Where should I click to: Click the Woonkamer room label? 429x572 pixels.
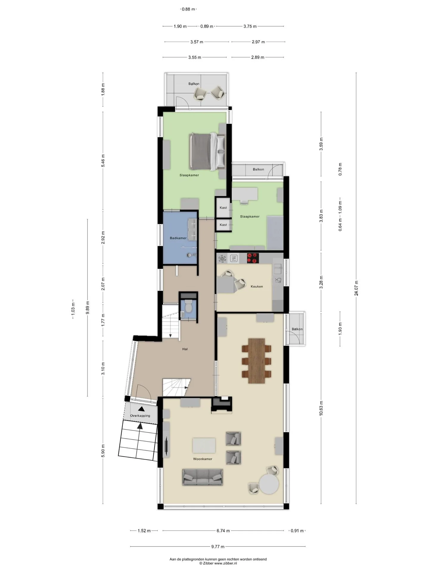203,459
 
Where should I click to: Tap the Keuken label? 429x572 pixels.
257,286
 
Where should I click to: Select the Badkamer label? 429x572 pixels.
178,238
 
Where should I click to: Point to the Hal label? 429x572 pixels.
185,349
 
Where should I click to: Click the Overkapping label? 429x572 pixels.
140,416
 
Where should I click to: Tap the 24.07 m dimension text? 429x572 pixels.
356,288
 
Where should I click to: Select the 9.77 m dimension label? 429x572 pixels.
218,546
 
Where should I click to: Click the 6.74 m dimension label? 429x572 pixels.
223,531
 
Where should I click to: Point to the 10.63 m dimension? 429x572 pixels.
321,408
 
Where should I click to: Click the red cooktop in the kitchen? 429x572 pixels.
253,258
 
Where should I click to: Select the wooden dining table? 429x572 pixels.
257,360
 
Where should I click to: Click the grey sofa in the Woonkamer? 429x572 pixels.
203,477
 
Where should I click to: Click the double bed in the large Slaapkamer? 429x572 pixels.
207,152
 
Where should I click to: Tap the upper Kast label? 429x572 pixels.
223,208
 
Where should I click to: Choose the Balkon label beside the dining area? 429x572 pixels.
297,329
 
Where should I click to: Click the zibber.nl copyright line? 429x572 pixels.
218,563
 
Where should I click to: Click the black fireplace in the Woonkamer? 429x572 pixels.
222,405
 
